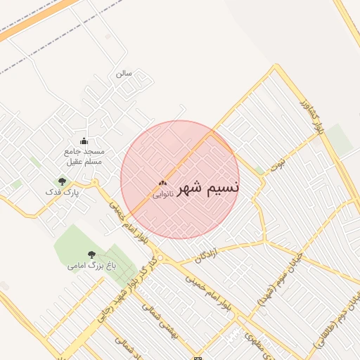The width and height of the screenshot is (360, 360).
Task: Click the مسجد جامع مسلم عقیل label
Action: (84, 157)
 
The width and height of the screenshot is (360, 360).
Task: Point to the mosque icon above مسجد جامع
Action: (84, 141)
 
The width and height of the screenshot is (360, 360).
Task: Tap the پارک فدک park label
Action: (63, 191)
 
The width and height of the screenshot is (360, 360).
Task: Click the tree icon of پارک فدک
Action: (63, 181)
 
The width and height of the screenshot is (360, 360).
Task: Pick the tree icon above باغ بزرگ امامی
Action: (91, 255)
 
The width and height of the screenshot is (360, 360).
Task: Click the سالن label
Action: (124, 73)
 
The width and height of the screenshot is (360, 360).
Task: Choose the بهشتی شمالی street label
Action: (170, 323)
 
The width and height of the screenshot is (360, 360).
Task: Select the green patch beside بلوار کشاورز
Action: (339, 139)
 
